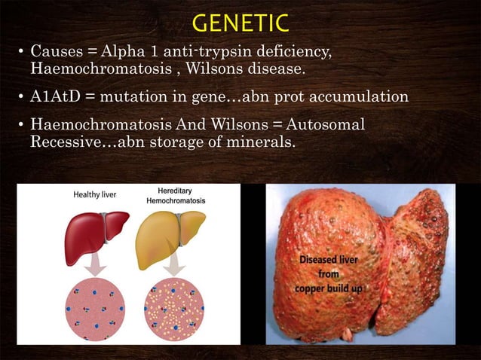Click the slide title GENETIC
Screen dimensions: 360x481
click(x=240, y=23)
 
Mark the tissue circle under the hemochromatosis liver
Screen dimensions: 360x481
click(x=174, y=309)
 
